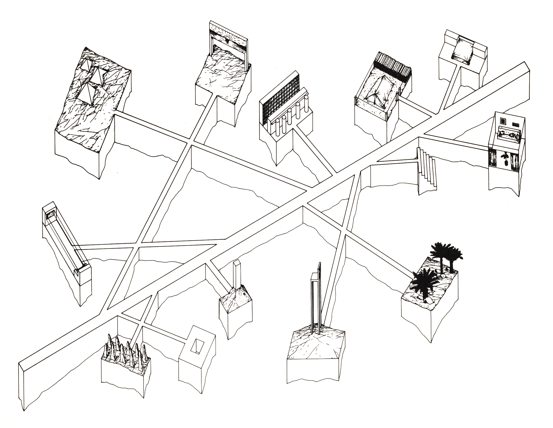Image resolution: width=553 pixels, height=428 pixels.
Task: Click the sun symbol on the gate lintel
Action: pos(228,39)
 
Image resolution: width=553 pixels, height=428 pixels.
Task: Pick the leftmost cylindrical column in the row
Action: pos(278,127)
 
